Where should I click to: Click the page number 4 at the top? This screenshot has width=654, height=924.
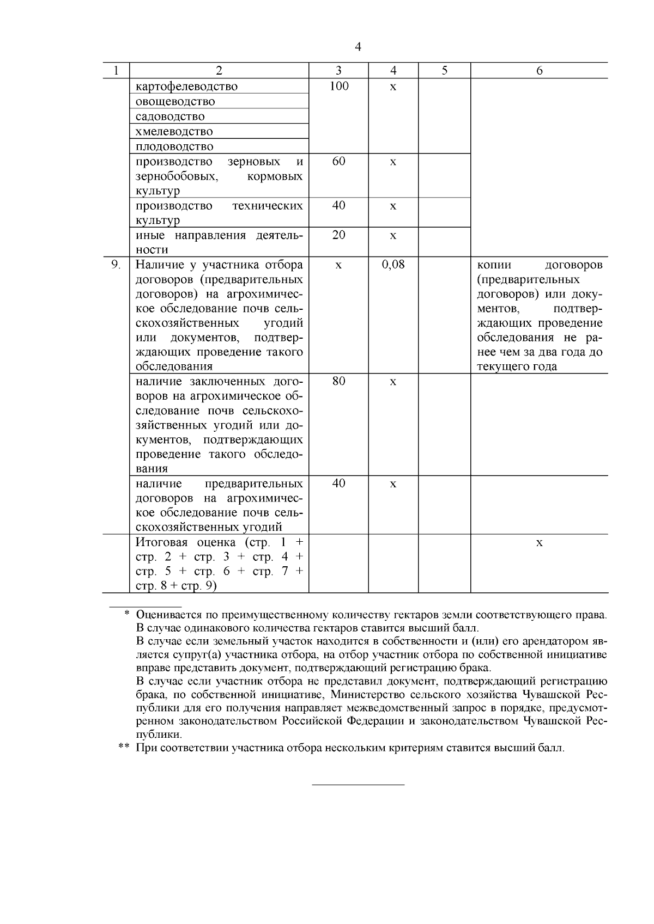[x=358, y=47]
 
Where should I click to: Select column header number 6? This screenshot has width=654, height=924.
[x=539, y=71]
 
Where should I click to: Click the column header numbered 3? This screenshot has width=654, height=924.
[x=338, y=71]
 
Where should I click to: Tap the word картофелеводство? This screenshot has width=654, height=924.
[x=186, y=87]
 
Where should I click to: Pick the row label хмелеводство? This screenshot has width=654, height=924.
[x=174, y=131]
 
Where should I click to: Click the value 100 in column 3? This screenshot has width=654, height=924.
[x=338, y=86]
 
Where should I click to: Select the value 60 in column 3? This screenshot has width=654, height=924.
[x=338, y=161]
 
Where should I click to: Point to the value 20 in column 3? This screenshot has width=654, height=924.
[x=338, y=235]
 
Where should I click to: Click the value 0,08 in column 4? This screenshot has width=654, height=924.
[x=393, y=265]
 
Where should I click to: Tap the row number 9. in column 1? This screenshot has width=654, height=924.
[x=116, y=265]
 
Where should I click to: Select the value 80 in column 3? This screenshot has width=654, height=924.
[x=338, y=381]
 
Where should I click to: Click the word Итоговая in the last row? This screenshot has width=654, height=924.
[x=161, y=542]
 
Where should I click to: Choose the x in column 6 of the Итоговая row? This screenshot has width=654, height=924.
[x=539, y=543]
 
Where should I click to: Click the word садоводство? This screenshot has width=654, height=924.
[x=170, y=117]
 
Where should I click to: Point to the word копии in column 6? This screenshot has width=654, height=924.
[x=494, y=265]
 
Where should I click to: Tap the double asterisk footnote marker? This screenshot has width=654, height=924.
[x=124, y=748]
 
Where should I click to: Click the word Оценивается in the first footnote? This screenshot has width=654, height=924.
[x=168, y=615]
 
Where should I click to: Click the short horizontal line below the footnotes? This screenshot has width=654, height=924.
[x=358, y=785]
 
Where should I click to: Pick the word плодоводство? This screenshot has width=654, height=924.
[x=174, y=146]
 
